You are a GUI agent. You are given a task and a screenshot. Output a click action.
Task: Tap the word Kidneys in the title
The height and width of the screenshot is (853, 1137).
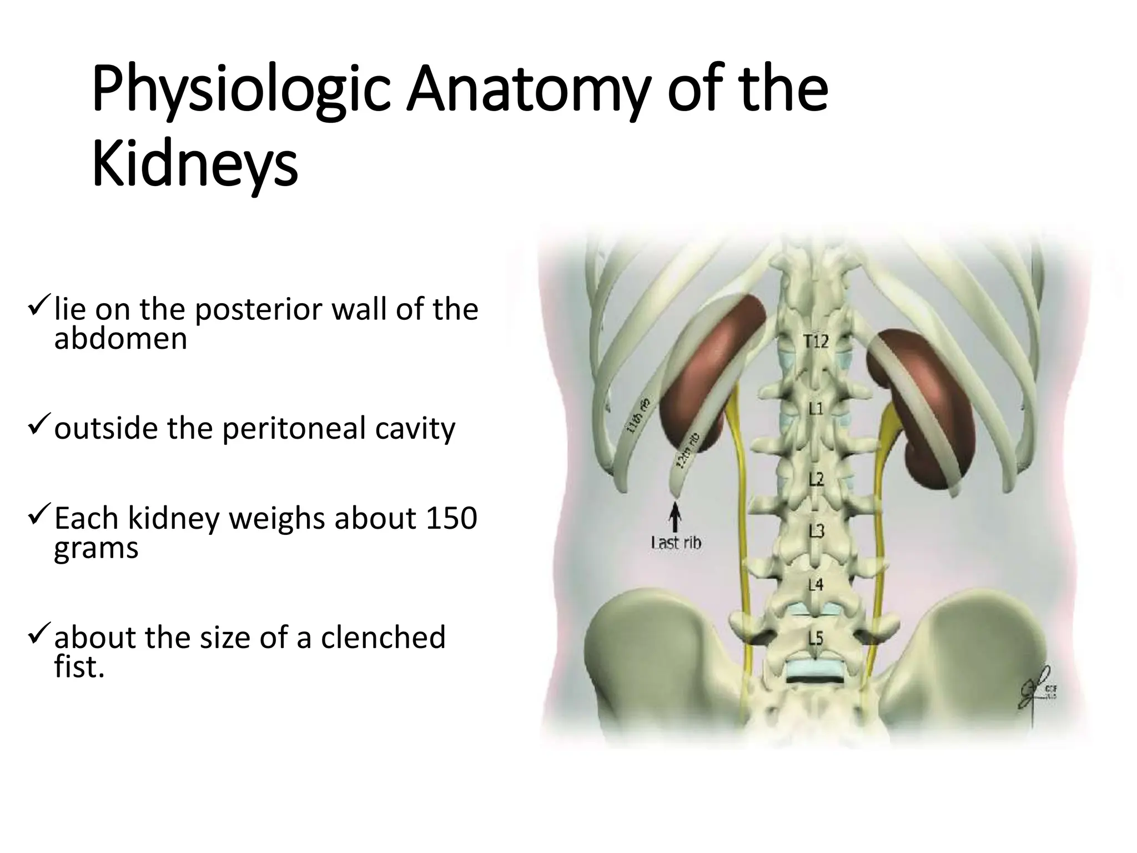click(195, 164)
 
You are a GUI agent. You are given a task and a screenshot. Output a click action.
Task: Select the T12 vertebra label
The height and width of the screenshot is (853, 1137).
click(816, 341)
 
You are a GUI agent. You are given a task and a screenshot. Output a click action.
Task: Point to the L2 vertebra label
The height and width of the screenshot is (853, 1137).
click(815, 479)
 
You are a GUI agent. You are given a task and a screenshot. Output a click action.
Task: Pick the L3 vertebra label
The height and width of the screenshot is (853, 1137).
click(816, 531)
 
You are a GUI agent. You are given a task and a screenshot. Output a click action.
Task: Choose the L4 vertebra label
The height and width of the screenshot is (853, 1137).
click(815, 585)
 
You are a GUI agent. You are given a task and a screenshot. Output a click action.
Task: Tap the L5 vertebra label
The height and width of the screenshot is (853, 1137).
click(815, 639)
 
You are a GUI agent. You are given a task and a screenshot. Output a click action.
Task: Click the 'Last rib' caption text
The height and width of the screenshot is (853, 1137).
click(676, 543)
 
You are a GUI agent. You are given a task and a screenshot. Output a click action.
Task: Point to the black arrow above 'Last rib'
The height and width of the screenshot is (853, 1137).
click(675, 516)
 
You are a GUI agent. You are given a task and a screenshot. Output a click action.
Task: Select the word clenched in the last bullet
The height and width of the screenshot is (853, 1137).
click(383, 638)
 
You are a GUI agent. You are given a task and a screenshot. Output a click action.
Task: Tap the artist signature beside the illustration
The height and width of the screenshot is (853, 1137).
click(1036, 688)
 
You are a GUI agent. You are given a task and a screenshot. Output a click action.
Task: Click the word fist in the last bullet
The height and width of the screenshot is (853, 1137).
click(78, 666)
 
